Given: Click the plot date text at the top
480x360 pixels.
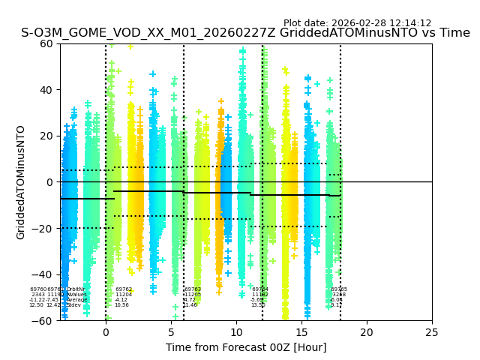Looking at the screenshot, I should tap(357, 23).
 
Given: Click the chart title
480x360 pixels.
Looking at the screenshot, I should tap(245, 33).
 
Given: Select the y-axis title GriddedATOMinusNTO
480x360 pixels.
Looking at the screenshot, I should tap(21, 182).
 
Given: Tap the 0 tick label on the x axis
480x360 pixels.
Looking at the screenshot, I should tap(106, 332).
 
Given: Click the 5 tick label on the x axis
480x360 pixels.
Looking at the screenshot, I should tap(171, 332).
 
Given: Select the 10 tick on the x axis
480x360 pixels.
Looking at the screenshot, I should tap(236, 332).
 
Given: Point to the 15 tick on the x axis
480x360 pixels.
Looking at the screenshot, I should tap(301, 332).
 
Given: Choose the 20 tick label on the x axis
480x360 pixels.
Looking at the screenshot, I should tap(367, 332).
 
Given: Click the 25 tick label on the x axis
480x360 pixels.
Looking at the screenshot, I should tap(432, 332).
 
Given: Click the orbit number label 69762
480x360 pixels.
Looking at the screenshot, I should tap(124, 289).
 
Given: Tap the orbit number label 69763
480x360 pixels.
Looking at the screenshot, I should tap(193, 289).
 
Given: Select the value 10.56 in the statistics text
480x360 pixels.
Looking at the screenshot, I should tap(121, 305).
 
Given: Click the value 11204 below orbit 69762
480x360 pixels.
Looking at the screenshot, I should tap(124, 295).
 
